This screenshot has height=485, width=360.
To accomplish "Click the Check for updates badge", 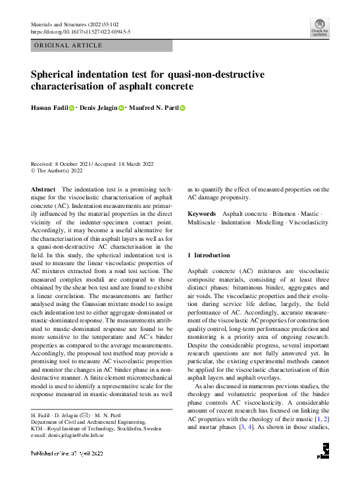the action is click(319, 28).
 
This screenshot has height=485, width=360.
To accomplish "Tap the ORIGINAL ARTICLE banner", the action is click(68, 45).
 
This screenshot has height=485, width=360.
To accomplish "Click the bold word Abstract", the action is click(43, 190).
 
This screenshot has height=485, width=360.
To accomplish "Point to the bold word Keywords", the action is click(202, 214).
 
